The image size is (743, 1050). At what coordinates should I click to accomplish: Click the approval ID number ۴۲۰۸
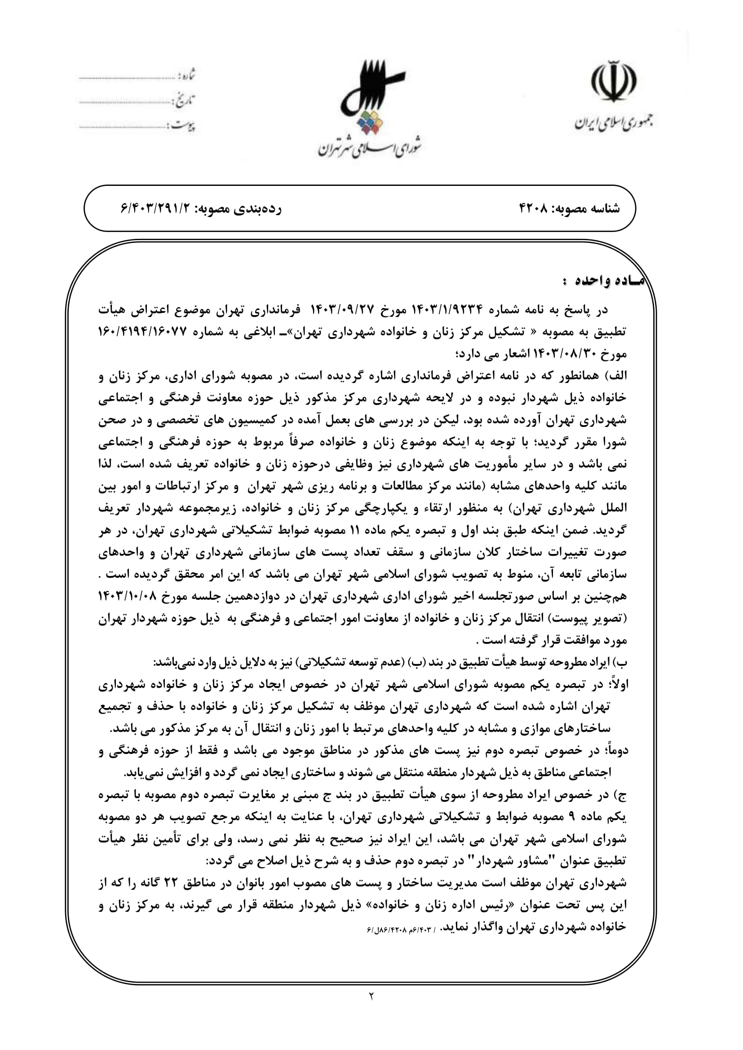tap(534, 209)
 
